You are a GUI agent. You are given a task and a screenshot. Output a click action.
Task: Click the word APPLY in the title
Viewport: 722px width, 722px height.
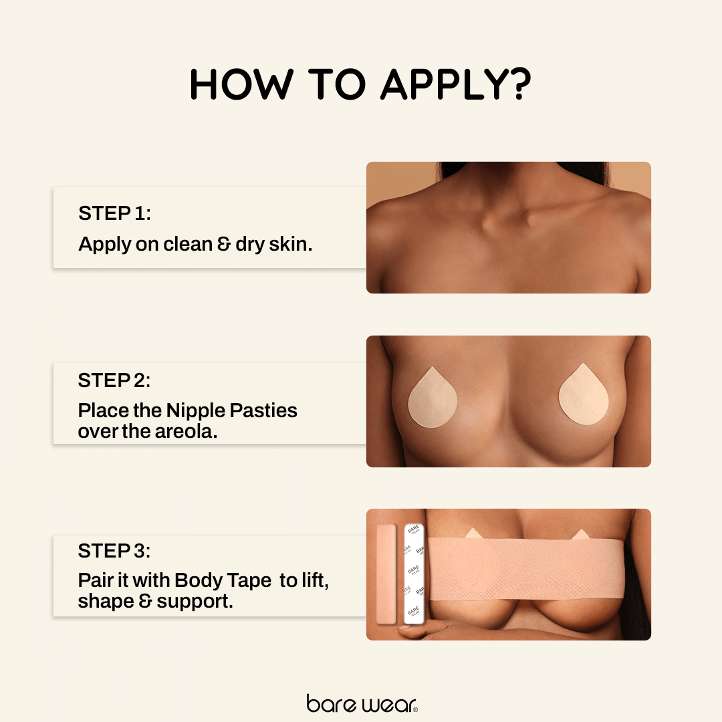(445, 85)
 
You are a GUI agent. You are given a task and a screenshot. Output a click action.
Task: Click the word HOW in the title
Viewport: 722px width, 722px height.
(241, 85)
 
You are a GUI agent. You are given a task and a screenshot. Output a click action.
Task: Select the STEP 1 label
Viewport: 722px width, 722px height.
(114, 213)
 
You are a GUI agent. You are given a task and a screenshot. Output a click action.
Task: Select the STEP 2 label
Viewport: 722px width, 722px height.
(114, 380)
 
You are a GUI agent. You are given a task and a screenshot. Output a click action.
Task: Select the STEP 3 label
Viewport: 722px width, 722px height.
(114, 551)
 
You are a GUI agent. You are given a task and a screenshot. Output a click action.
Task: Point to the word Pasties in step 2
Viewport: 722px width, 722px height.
(263, 410)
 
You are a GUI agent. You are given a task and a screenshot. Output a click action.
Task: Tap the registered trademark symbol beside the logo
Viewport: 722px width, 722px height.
(414, 709)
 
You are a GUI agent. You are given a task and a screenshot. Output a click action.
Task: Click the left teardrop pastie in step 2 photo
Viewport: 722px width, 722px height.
(433, 398)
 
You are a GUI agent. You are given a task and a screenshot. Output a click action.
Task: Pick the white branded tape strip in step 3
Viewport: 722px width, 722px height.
(414, 574)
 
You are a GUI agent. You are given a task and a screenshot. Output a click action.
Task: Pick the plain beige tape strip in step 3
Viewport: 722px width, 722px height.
(386, 574)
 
